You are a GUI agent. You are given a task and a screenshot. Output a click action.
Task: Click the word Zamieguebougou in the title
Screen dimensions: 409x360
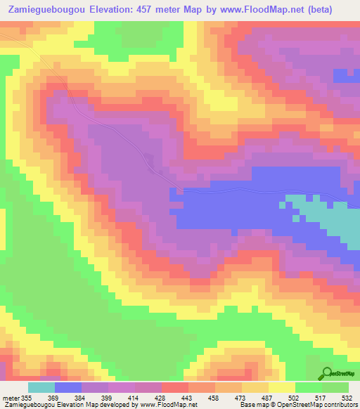point(47,10)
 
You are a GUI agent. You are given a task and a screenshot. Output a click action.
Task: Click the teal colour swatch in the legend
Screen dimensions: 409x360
point(41,388)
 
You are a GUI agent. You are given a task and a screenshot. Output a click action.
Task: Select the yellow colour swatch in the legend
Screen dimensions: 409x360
point(282,388)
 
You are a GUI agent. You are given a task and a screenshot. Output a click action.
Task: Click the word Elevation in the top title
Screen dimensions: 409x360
point(117,10)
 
